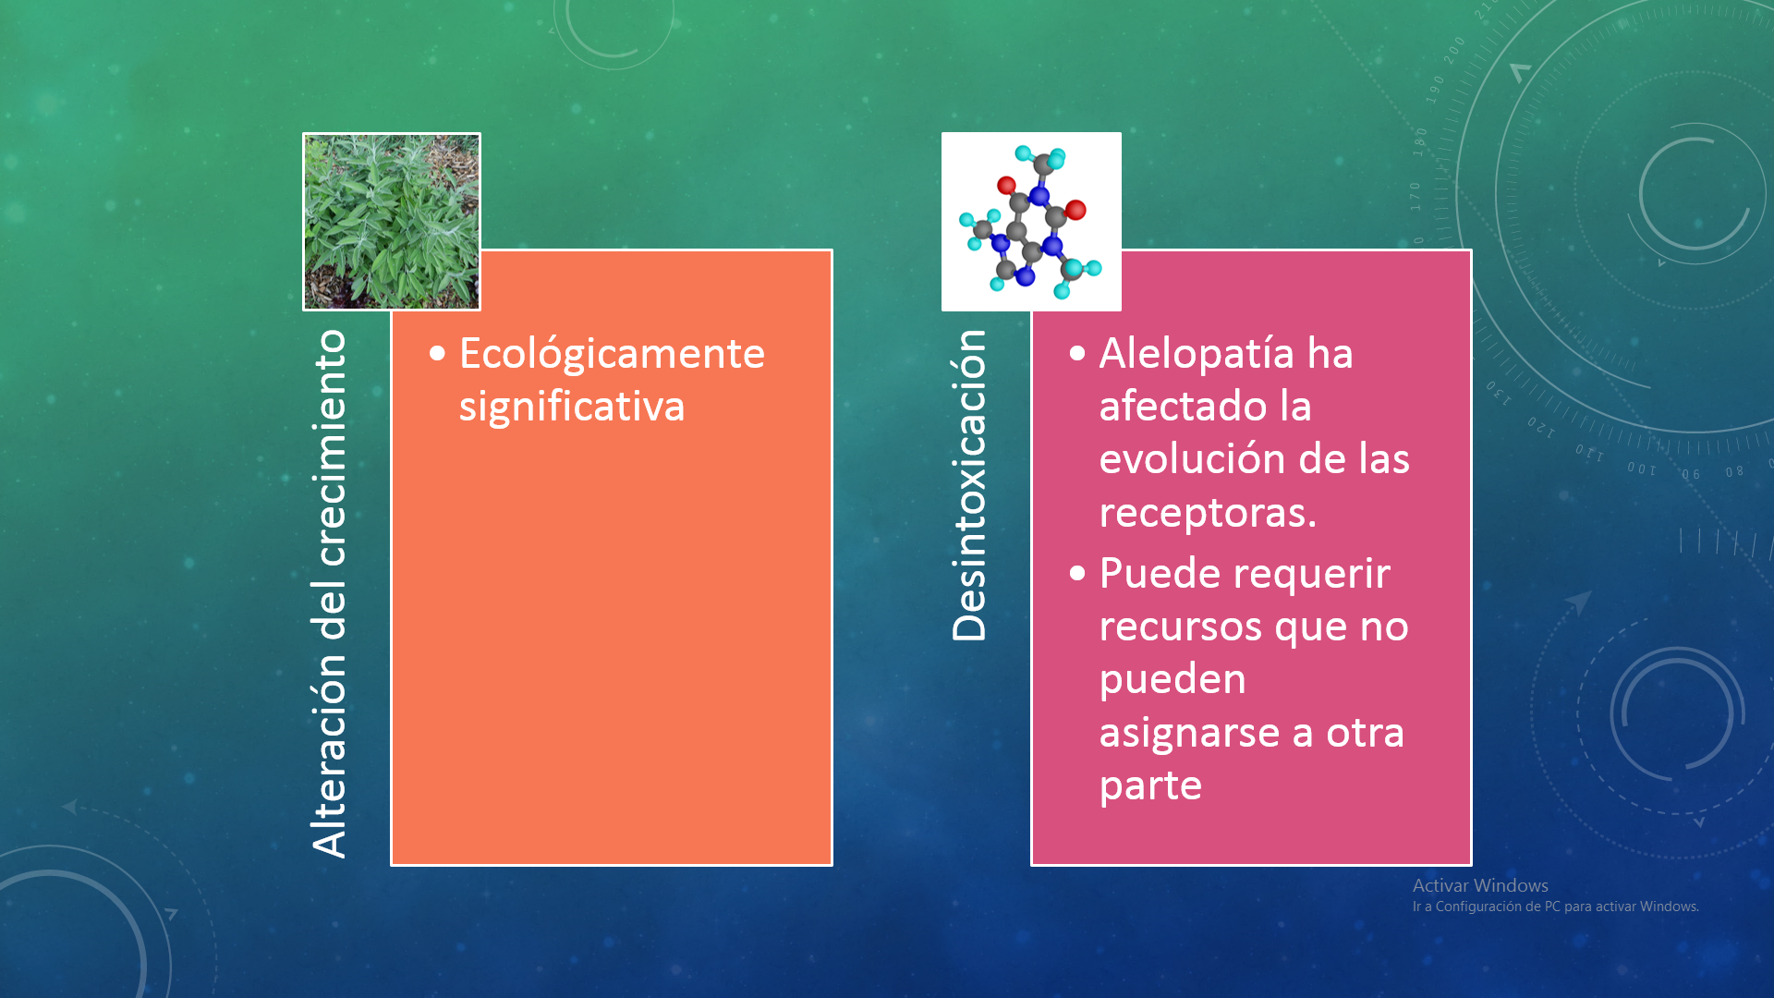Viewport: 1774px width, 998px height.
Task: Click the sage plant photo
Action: click(x=392, y=222)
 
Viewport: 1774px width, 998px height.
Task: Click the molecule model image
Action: click(x=1031, y=222)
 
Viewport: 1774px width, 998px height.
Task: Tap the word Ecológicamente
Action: click(x=612, y=355)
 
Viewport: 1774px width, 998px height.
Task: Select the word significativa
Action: click(x=572, y=407)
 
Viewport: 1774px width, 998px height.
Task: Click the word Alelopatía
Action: click(x=1196, y=353)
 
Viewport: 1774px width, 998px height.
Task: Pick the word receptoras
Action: click(x=1208, y=512)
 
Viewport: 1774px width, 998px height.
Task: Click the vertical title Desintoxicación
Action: click(x=970, y=485)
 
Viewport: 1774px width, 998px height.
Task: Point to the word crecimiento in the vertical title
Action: click(x=331, y=447)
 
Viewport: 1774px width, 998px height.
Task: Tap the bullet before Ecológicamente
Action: click(x=437, y=353)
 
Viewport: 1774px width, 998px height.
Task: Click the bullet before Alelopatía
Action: click(x=1077, y=353)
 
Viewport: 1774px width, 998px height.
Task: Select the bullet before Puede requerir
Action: click(x=1077, y=574)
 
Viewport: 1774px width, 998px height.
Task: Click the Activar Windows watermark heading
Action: click(x=1480, y=885)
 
